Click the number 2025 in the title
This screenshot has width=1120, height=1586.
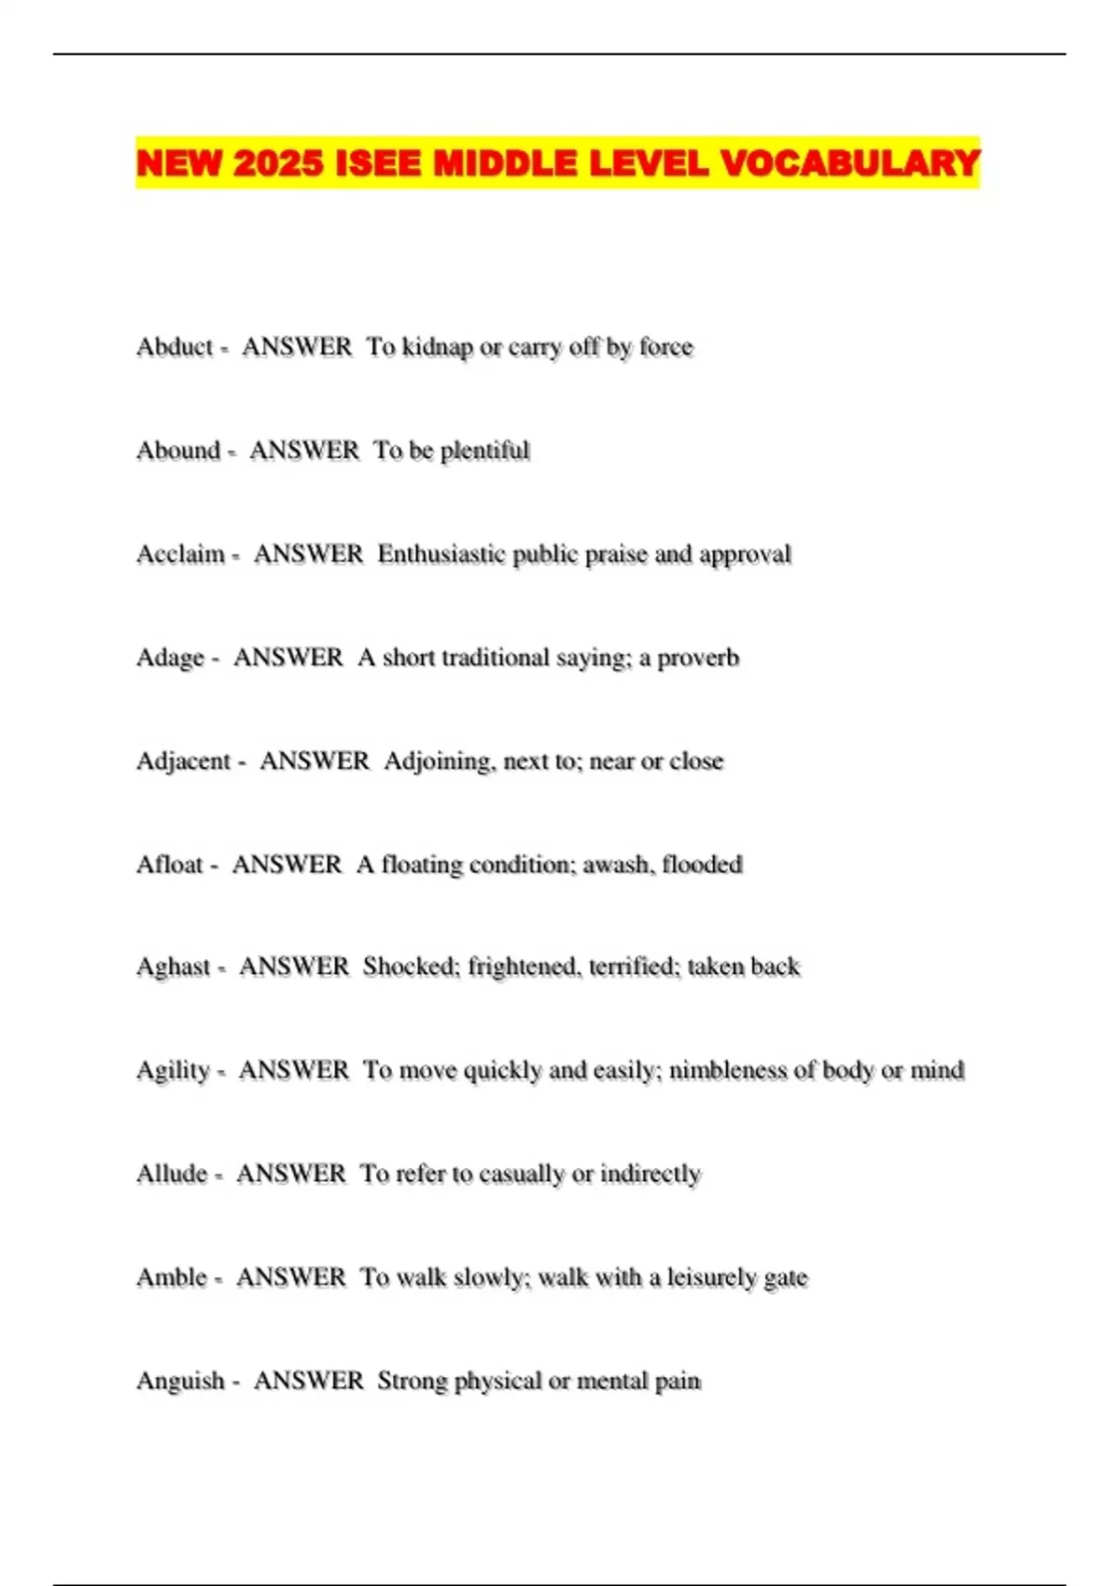tap(277, 164)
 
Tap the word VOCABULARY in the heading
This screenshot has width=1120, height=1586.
tap(850, 164)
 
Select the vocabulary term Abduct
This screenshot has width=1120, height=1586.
tap(175, 347)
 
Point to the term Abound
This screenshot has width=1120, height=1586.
tap(178, 451)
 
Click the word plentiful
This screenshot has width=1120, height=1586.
tap(484, 451)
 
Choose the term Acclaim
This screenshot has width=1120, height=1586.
tap(180, 554)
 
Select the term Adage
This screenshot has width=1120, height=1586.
tap(170, 658)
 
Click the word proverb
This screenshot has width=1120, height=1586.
tap(698, 658)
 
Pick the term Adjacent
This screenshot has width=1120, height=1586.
tap(183, 761)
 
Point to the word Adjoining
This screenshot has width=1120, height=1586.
tap(438, 762)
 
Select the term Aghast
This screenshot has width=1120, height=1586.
tap(174, 967)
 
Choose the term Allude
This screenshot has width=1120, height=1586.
tap(172, 1174)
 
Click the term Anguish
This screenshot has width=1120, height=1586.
tap(180, 1381)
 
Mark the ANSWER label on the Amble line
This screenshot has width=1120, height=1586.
tap(291, 1277)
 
